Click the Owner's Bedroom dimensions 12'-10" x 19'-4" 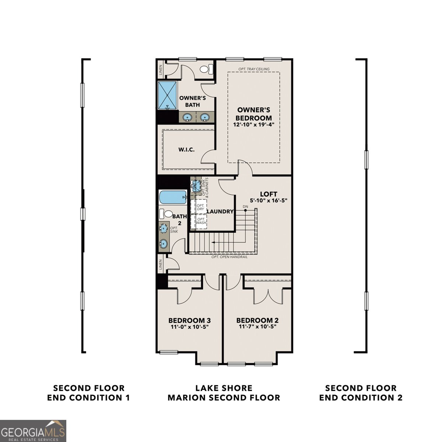(x=254, y=125)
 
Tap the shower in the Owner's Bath (x=168, y=95)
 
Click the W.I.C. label (x=186, y=150)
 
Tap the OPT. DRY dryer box (x=201, y=207)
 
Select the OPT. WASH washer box (x=201, y=221)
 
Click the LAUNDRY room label (x=220, y=211)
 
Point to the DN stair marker (x=246, y=207)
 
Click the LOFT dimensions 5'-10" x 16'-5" (x=268, y=200)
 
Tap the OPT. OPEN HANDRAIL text (x=229, y=257)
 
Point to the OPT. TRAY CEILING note (x=254, y=69)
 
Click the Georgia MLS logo (x=33, y=431)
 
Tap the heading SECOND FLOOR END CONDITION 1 (x=89, y=393)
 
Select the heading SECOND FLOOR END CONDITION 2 (x=361, y=393)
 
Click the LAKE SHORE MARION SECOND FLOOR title (x=224, y=393)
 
